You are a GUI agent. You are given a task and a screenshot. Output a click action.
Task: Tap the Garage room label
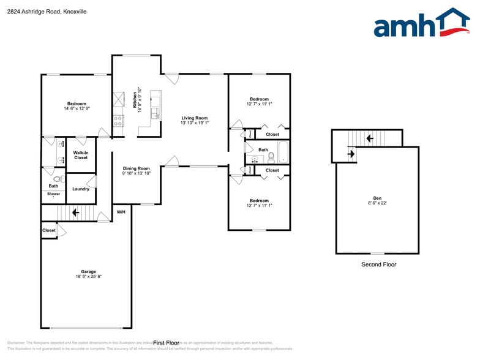89,271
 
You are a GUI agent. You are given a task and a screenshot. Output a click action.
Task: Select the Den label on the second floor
377,198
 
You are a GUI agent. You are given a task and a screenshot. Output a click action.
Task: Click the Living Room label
194,118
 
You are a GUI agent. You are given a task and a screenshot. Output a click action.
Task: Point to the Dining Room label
137,168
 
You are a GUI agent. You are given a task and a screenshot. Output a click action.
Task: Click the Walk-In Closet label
81,155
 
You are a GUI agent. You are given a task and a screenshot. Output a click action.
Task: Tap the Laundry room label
81,189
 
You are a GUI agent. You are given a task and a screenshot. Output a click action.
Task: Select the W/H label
121,212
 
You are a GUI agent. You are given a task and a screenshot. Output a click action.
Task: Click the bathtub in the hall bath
283,152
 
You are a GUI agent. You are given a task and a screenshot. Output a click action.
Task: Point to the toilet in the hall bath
271,157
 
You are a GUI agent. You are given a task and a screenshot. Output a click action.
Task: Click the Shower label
54,193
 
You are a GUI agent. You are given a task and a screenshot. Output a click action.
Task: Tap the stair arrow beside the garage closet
75,213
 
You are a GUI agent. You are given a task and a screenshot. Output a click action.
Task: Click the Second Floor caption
378,264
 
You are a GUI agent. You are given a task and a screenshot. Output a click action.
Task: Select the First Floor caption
166,343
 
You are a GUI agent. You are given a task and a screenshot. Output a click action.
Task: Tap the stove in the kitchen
118,120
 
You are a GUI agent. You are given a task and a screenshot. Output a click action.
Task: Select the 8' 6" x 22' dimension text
377,203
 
